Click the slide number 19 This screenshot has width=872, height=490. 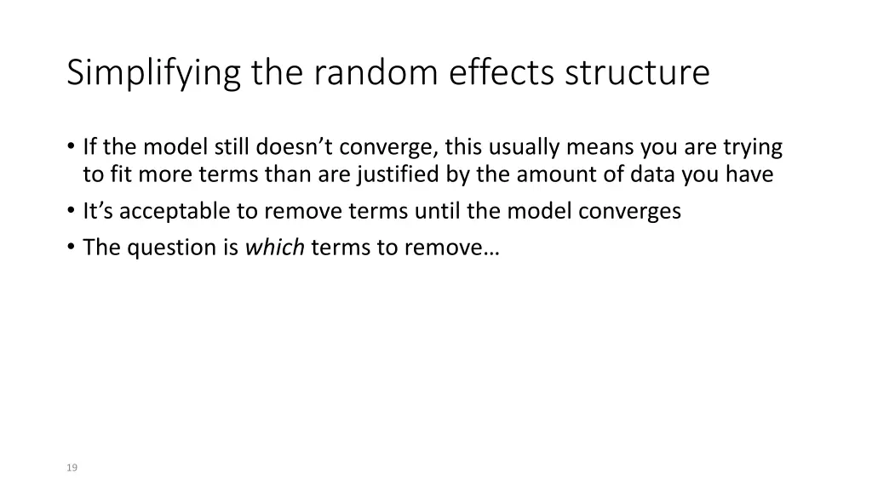click(x=72, y=467)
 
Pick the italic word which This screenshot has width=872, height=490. click(x=275, y=248)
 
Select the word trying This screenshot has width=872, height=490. click(x=753, y=148)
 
